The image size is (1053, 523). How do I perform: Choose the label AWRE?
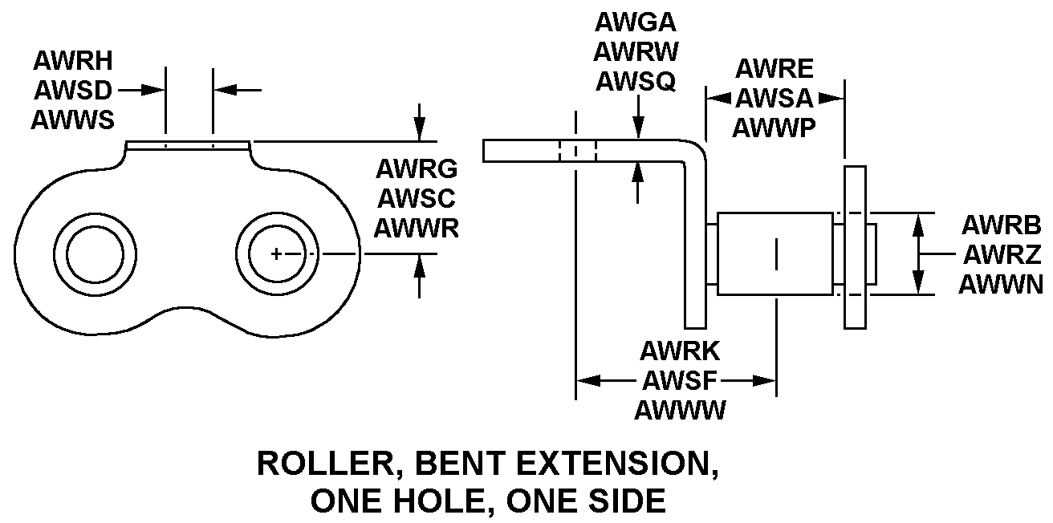pos(775,68)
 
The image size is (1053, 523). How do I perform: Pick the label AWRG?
pos(417,168)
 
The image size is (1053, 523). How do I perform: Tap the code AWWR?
pos(417,228)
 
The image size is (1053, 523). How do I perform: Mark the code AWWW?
pos(680,410)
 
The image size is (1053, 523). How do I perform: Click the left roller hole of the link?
pos(95,254)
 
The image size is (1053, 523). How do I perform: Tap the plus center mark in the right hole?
pos(275,254)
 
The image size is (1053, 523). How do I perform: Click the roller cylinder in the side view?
pos(775,253)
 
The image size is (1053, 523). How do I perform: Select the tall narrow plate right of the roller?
pos(855,247)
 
